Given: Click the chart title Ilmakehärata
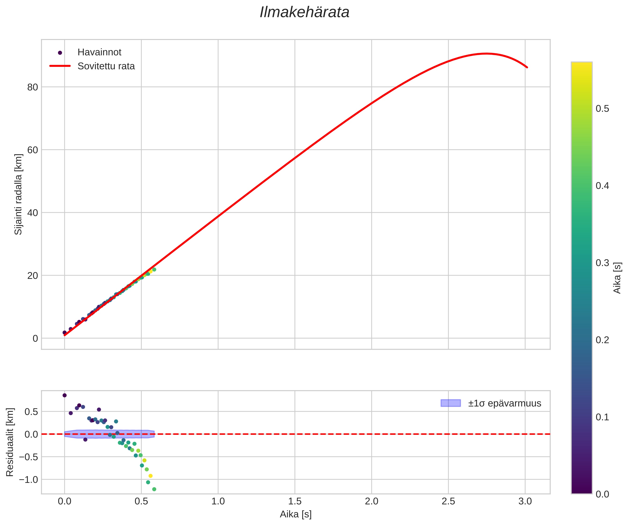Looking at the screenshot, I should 305,13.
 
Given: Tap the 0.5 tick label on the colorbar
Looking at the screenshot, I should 602,109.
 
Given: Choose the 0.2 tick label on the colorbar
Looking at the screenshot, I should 602,340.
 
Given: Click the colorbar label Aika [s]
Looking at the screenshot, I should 617,278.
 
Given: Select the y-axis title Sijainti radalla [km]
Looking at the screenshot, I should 18,194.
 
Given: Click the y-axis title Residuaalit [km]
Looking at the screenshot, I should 10,442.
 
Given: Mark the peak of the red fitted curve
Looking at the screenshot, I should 486,54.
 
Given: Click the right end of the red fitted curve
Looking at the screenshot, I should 527,68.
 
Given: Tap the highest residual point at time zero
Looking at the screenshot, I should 65,395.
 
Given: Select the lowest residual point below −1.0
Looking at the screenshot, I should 154,489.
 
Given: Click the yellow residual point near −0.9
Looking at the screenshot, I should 150,476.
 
